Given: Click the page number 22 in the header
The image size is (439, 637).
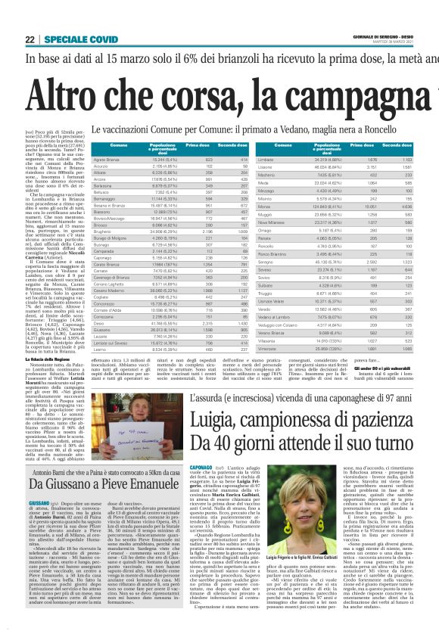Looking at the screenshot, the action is coord(30,39).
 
